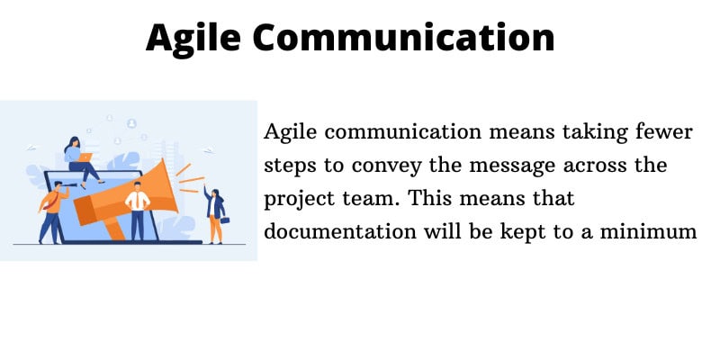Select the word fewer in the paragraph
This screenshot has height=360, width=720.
(664, 132)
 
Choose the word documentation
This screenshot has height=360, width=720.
(340, 231)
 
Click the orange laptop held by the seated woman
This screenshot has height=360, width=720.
(85, 157)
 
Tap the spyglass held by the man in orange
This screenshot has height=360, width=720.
(68, 184)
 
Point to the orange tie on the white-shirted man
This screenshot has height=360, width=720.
(137, 200)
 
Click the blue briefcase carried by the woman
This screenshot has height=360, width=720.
(224, 220)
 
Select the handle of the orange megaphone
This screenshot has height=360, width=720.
(115, 229)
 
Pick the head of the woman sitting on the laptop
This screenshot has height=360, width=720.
(74, 143)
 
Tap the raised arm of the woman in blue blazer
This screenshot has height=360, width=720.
(208, 193)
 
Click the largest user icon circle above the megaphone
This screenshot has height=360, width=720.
(131, 123)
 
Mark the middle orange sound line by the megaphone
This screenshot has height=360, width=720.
(192, 179)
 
